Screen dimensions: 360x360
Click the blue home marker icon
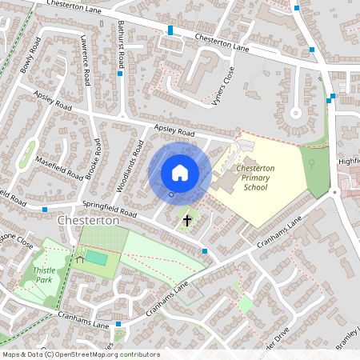[180, 173]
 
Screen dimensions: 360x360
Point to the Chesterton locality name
[88, 219]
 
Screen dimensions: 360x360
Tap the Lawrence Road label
[85, 70]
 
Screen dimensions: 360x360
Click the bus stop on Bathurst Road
[120, 74]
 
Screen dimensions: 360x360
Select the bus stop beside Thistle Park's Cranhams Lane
[118, 324]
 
